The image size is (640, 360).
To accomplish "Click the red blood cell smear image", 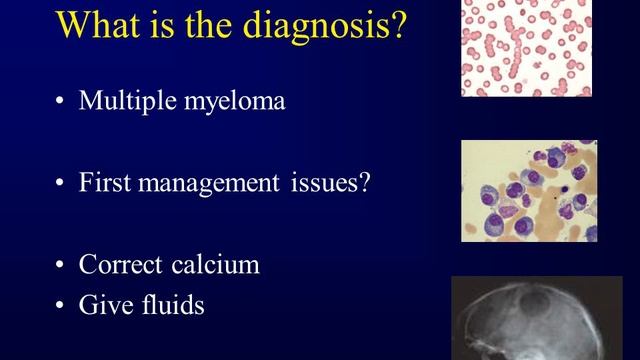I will tap(526, 48).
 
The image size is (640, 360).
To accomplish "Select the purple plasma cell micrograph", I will tap(528, 191).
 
